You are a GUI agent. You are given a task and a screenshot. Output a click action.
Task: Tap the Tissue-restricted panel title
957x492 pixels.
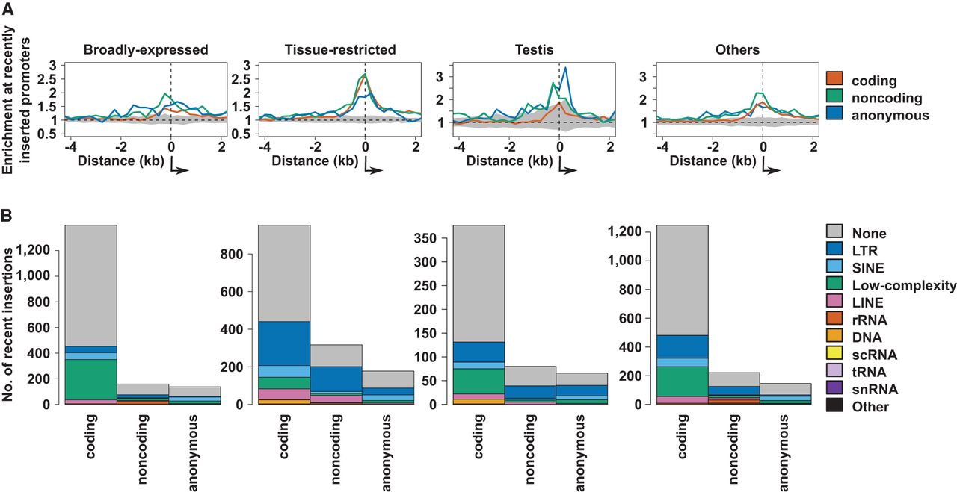tap(340, 50)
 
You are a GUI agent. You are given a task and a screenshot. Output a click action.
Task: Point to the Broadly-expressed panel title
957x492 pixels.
tap(146, 50)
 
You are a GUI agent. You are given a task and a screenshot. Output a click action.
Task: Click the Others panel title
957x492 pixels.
tap(736, 50)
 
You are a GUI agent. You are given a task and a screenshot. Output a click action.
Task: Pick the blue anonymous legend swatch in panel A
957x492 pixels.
tap(835, 115)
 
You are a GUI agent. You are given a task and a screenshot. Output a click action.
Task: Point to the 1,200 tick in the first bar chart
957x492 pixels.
tap(42, 250)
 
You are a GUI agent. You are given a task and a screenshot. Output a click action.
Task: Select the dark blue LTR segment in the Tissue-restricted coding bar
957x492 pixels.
tap(284, 343)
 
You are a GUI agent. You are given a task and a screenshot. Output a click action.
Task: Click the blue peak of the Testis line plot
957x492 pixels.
tap(566, 68)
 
